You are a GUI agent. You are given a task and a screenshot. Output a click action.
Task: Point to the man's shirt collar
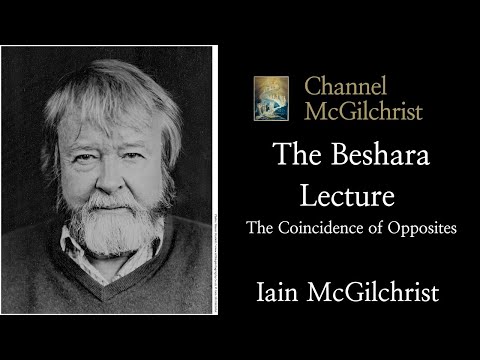tap(80, 262)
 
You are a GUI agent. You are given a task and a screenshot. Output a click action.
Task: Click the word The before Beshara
tap(293, 155)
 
